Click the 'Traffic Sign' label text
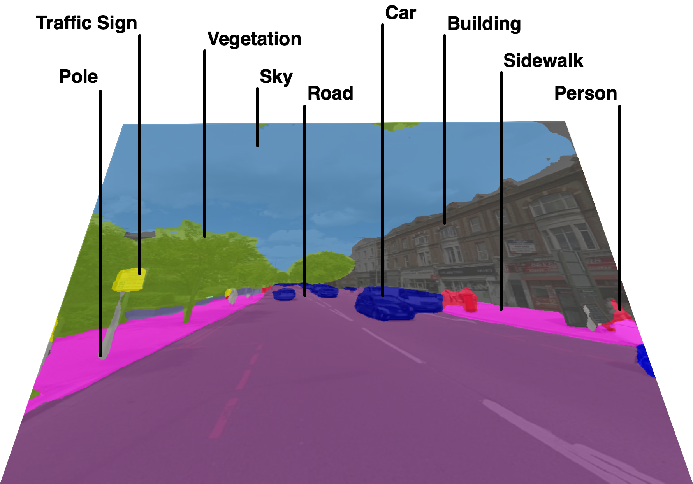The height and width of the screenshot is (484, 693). click(86, 23)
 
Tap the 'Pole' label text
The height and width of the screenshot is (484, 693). click(78, 77)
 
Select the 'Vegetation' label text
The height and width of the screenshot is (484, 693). click(254, 39)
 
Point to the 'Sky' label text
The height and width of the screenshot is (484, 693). click(276, 77)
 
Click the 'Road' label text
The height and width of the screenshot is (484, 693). click(330, 94)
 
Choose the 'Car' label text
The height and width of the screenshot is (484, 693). click(400, 13)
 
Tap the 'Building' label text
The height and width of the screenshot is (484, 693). click(484, 24)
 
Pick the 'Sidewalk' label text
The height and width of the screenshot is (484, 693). click(543, 61)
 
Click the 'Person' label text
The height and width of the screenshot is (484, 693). click(586, 94)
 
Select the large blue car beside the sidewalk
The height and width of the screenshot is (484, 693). click(397, 303)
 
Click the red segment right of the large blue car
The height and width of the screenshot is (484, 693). click(461, 299)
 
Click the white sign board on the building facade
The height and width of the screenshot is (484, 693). click(521, 247)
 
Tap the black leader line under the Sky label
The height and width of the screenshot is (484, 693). click(257, 117)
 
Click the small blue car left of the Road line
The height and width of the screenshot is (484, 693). click(284, 295)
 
